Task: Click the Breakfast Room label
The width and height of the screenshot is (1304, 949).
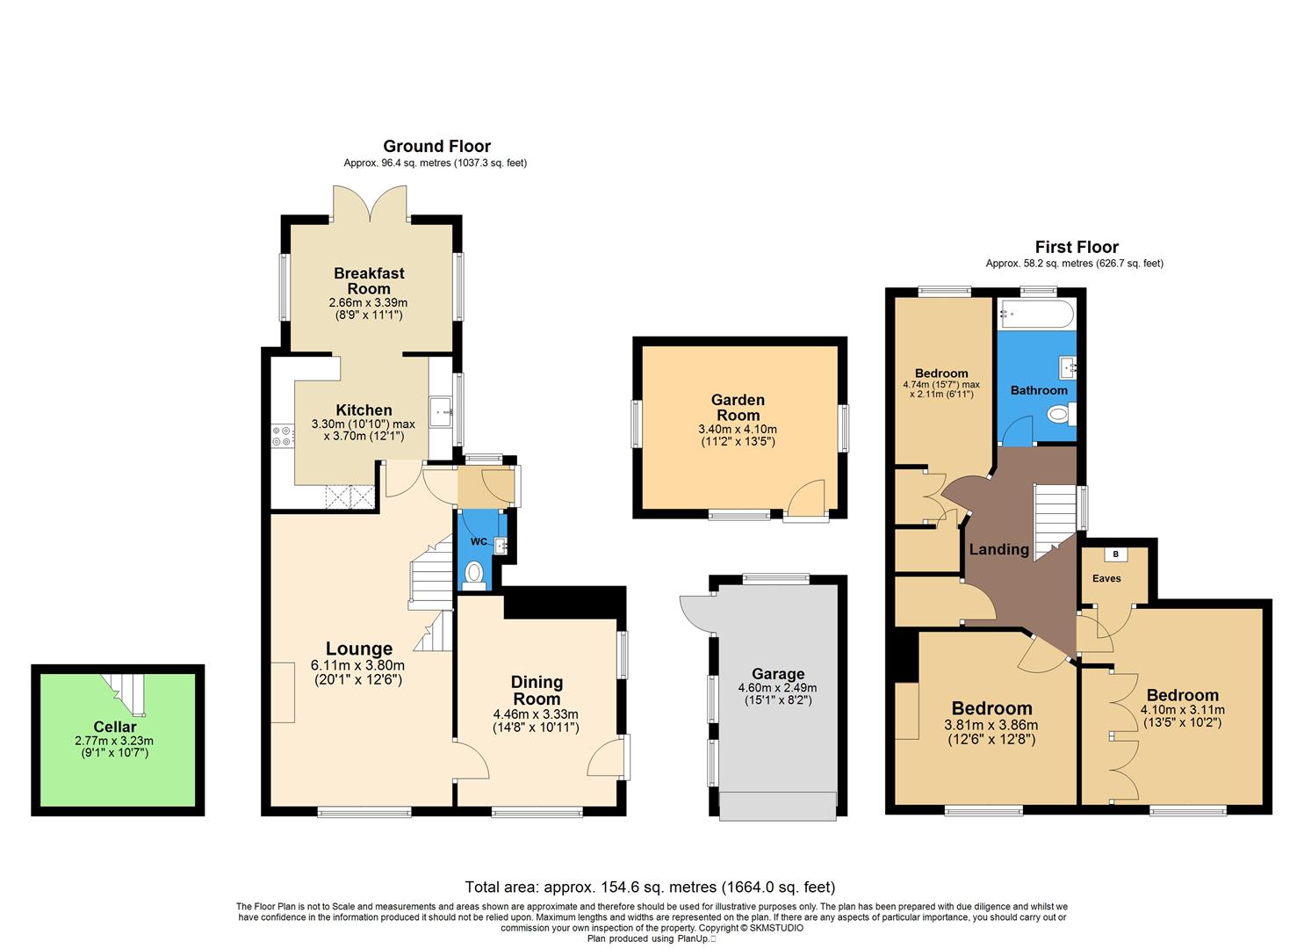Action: tap(369, 281)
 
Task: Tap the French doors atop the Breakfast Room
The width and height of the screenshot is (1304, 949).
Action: tap(370, 202)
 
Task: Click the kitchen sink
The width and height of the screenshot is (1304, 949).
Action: tap(440, 409)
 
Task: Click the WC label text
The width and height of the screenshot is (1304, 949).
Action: tap(478, 541)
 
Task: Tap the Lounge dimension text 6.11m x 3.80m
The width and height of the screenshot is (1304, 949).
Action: tap(360, 665)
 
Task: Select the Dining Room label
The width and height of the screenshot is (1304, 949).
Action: tap(537, 691)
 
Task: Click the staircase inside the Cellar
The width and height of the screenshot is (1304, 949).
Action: tap(125, 691)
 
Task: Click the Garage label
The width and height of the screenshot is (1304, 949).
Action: tap(777, 674)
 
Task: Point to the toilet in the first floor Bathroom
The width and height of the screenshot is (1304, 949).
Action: tap(1061, 414)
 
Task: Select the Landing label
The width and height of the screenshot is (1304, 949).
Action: tap(998, 549)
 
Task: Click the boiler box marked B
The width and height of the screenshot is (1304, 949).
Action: tap(1115, 554)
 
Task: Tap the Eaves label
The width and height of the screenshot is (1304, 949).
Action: tap(1106, 578)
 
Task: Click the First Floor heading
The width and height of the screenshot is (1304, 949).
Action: tap(1076, 247)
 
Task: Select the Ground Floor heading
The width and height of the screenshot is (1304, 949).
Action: tap(436, 146)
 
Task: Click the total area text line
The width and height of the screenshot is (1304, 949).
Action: tap(650, 887)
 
